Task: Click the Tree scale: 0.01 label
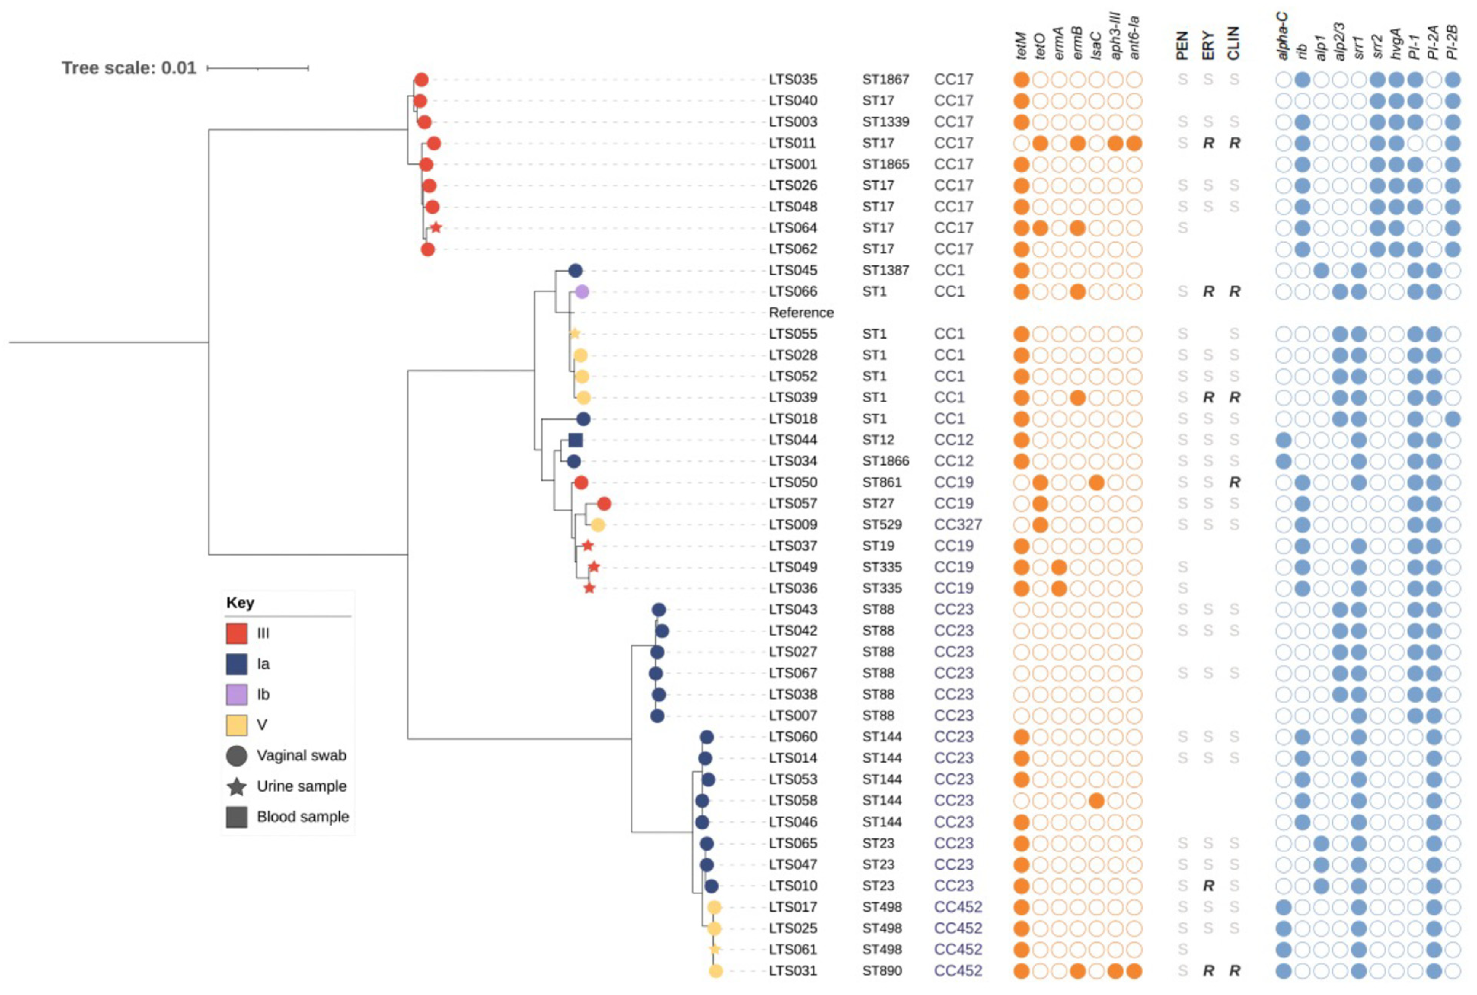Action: pos(129,68)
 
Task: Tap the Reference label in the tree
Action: pos(801,313)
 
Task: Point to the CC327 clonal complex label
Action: pos(957,525)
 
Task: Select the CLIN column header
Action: pos(1233,43)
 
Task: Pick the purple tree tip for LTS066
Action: pos(582,292)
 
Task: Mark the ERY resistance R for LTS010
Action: pos(1208,886)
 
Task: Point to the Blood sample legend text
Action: pos(303,817)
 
